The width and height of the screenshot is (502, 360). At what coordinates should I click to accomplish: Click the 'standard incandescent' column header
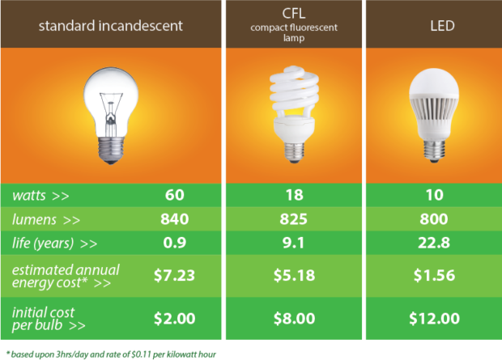point(111,25)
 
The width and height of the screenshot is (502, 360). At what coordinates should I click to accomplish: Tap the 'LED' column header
point(432,25)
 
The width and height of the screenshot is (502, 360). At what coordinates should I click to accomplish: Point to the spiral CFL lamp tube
point(292,95)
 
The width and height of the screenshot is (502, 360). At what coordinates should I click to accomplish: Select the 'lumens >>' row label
point(48,219)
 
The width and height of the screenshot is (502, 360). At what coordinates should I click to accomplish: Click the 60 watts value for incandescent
point(174,196)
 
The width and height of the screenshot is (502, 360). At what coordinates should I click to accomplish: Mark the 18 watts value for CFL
point(293,196)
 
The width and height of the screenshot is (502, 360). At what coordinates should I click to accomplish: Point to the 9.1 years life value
point(293,243)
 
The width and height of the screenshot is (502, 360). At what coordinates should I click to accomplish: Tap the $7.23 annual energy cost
point(174,275)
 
